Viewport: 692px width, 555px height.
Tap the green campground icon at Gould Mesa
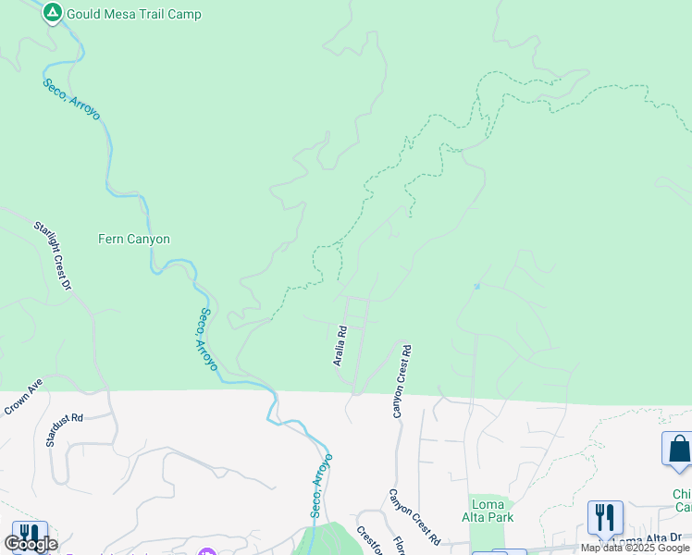coord(53,13)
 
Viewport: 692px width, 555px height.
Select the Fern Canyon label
coord(134,239)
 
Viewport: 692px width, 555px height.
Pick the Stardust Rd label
coord(64,430)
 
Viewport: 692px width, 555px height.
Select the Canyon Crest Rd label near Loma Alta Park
coord(413,516)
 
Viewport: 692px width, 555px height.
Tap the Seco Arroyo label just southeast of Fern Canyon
coord(205,339)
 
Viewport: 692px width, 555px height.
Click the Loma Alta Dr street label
coord(641,541)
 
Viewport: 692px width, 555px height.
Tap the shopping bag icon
coord(678,449)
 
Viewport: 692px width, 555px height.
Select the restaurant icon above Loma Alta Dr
coord(605,517)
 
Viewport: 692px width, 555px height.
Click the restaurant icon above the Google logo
coord(30,534)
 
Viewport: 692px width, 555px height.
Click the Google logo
coord(31,544)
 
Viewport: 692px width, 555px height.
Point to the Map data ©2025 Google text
coord(635,548)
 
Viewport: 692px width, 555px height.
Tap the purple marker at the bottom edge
coord(206,551)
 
